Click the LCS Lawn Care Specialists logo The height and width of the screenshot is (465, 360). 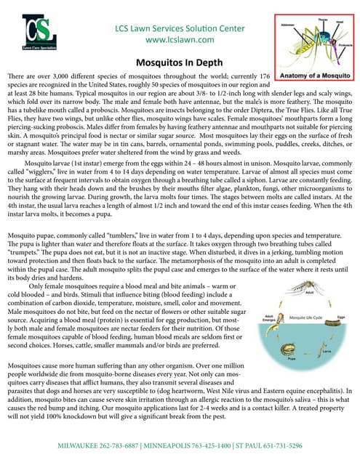tap(38, 32)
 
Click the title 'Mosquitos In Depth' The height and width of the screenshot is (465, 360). tap(180, 63)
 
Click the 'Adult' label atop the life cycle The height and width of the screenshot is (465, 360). tap(309, 294)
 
